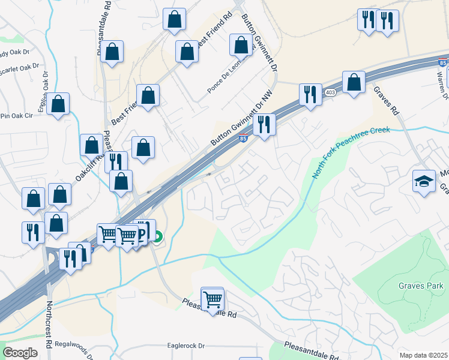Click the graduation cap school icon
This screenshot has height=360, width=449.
tap(424, 181)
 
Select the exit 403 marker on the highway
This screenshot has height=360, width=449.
tap(330, 92)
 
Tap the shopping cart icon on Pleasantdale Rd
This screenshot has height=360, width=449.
tap(212, 298)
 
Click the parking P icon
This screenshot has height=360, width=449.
tap(142, 232)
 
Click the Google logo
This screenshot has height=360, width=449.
tap(20, 353)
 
